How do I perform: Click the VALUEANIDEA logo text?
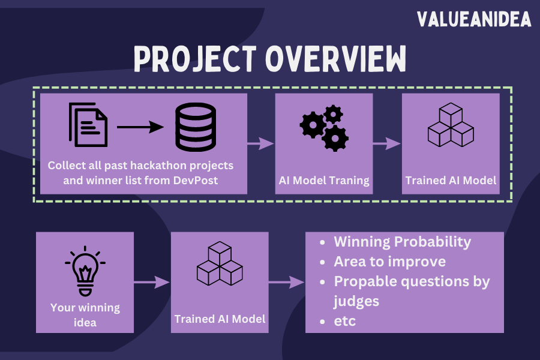coord(474,20)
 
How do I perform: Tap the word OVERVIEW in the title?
coord(336,59)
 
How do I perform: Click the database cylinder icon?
coord(196,127)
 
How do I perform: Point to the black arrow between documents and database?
coord(140,127)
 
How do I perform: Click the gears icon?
coord(323,127)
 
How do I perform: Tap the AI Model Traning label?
coord(323,180)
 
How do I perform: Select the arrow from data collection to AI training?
coord(260,143)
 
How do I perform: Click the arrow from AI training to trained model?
coord(387,143)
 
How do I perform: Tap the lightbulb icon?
coord(85,271)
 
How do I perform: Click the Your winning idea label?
coord(85,315)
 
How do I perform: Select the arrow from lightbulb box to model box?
coord(152,281)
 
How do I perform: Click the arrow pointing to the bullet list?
coord(287,281)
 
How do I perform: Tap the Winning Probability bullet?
coord(402,242)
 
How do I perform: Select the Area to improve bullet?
coord(389,262)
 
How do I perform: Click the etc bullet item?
coord(344,321)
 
